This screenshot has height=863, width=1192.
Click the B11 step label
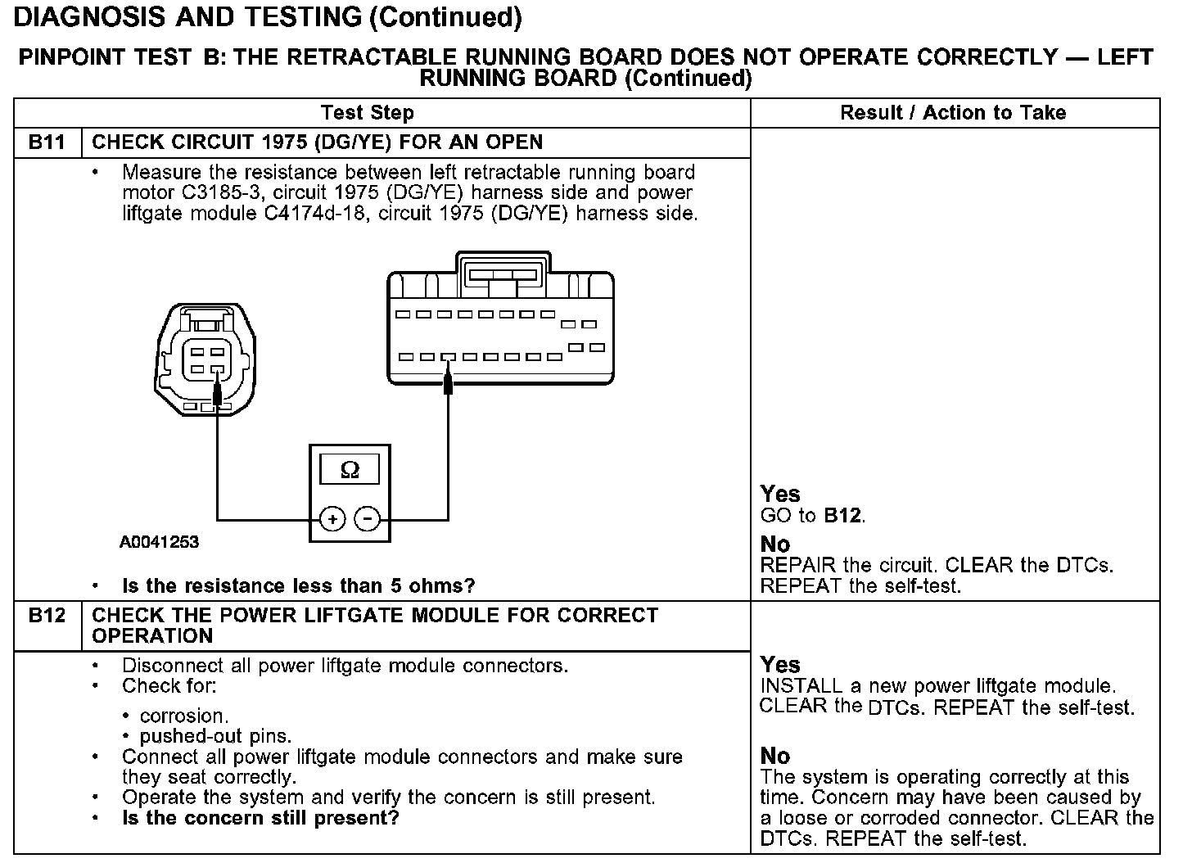click(x=47, y=142)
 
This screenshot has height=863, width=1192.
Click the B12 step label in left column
click(x=47, y=616)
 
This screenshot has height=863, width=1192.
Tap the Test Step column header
click(x=368, y=113)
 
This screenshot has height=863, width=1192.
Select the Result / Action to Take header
click(x=953, y=113)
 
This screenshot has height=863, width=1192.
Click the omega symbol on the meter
click(x=350, y=470)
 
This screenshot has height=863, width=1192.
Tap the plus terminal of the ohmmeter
click(x=332, y=518)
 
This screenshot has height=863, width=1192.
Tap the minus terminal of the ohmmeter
click(x=368, y=518)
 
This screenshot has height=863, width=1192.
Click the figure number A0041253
click(x=159, y=542)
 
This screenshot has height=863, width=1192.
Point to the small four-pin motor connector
click(x=205, y=358)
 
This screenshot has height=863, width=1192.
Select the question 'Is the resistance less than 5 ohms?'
click(x=298, y=586)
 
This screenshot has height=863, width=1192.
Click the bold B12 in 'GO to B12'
click(x=842, y=516)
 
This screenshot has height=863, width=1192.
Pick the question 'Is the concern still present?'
click(x=260, y=818)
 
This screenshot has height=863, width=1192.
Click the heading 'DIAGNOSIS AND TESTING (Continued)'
click(x=268, y=16)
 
